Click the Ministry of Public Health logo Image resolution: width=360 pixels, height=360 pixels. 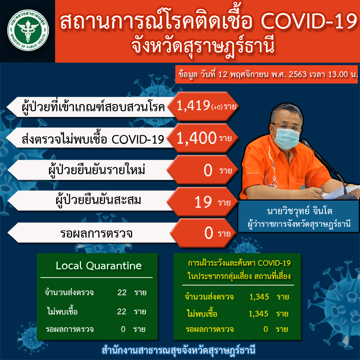(x=28, y=30)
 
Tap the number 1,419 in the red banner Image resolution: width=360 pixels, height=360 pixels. (x=193, y=105)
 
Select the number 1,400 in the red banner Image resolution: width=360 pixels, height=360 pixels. (x=196, y=138)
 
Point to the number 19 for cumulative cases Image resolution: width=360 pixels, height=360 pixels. (x=203, y=202)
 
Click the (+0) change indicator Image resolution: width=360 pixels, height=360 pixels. (x=217, y=107)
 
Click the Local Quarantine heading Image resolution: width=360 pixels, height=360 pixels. (x=99, y=266)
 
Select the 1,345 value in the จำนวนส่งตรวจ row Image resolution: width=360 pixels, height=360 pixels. (x=259, y=297)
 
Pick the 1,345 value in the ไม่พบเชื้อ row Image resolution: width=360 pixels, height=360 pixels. (x=258, y=314)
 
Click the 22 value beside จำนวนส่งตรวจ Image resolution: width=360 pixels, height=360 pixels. (x=122, y=292)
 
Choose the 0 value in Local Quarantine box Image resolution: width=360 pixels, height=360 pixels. (x=123, y=329)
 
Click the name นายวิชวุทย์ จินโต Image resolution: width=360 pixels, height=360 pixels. (x=300, y=211)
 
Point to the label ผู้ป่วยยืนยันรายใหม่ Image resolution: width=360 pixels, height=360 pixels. (x=96, y=170)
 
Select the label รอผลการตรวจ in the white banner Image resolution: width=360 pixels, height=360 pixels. (x=96, y=233)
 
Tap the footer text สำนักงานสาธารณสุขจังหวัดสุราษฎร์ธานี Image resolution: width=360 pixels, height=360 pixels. (x=179, y=351)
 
